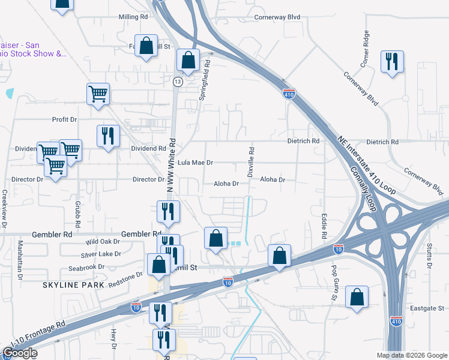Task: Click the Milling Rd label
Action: click(x=133, y=17)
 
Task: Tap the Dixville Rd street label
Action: click(x=251, y=160)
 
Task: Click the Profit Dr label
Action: click(x=65, y=119)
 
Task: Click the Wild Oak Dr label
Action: click(x=103, y=242)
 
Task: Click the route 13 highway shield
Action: click(x=178, y=81)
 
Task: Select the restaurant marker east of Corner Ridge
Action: click(x=392, y=61)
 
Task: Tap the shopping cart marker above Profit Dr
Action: click(x=98, y=94)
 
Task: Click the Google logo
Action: click(x=20, y=353)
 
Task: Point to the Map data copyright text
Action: click(x=411, y=355)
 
